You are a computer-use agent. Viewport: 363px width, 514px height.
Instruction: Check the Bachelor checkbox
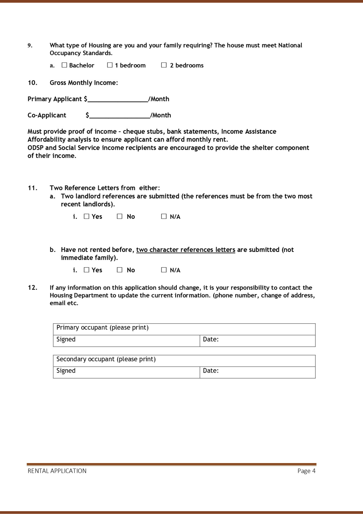(64, 65)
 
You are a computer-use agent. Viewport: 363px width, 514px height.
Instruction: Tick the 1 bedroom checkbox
(110, 65)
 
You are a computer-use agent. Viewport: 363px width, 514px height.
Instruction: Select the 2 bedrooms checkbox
(164, 65)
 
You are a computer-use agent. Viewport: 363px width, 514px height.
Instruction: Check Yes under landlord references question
(87, 216)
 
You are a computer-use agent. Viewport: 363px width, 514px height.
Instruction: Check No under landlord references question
(120, 216)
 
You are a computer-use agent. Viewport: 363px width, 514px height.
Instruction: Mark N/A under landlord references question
(164, 216)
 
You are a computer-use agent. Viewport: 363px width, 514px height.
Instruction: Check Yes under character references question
(87, 270)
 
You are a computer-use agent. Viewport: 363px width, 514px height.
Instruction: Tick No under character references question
(120, 270)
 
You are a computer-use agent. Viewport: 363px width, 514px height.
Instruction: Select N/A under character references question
(164, 270)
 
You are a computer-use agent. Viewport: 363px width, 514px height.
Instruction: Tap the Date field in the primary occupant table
(264, 341)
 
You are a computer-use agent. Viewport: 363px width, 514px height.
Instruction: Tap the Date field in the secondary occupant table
(264, 372)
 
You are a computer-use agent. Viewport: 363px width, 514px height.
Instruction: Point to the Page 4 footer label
(306, 471)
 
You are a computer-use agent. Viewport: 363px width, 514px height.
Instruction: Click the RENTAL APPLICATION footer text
(57, 471)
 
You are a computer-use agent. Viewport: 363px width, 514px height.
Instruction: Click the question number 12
(33, 288)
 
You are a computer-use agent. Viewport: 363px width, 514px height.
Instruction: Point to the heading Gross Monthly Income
(84, 83)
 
